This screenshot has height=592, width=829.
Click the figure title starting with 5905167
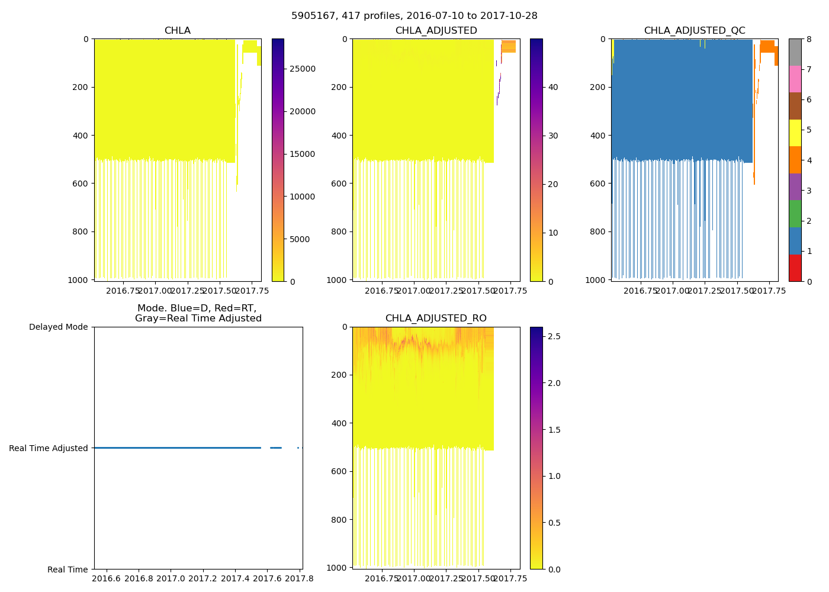[415, 16]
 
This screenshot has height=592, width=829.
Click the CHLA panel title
[178, 31]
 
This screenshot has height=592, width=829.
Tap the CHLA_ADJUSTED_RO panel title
[436, 318]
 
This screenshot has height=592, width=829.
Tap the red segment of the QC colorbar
[795, 268]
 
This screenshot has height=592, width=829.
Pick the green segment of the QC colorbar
[795, 214]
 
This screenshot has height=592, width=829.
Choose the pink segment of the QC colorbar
[795, 79]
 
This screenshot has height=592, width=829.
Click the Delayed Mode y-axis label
[58, 327]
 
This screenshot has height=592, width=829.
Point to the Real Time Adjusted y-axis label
[49, 448]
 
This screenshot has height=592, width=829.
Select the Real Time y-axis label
[68, 570]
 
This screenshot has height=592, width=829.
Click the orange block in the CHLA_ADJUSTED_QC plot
[767, 46]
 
